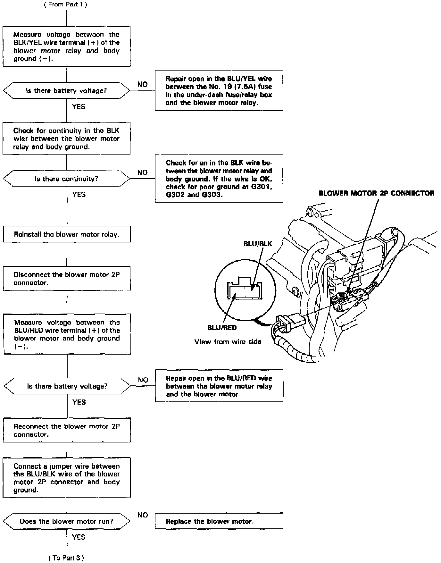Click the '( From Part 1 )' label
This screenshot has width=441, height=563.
[65, 4]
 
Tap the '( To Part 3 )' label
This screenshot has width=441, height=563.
[66, 558]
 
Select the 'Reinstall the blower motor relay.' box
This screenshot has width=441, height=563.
[67, 234]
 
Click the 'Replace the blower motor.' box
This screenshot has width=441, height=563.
[219, 521]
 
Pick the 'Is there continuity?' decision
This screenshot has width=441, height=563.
[66, 179]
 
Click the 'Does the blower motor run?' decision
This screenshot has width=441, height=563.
[66, 521]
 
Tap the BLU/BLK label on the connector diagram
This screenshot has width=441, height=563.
[258, 244]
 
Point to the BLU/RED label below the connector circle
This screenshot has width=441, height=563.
[222, 328]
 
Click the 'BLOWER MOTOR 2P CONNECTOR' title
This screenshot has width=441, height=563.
[376, 193]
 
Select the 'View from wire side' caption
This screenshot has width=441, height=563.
[228, 342]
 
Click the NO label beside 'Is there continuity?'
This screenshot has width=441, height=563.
[142, 173]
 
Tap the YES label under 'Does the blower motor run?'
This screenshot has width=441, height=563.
[79, 537]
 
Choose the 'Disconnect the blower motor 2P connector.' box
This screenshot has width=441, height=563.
[67, 279]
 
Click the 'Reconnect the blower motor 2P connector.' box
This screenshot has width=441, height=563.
[67, 430]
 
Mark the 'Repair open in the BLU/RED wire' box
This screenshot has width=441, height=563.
[219, 386]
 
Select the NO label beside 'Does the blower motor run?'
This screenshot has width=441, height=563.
[142, 515]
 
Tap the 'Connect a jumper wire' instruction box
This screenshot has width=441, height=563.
[67, 478]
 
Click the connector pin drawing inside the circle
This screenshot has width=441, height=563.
[244, 290]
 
